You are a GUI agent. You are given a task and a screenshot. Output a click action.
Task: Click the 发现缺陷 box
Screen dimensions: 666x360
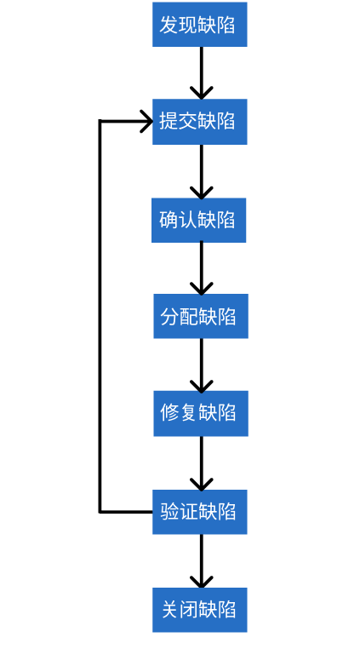point(199,25)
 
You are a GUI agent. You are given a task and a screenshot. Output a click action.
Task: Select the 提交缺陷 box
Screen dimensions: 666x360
point(199,122)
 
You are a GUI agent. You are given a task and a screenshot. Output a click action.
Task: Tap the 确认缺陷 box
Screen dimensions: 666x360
point(199,220)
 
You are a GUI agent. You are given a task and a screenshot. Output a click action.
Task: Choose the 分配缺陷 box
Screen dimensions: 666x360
point(200,317)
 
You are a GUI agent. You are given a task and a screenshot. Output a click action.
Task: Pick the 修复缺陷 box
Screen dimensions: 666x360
point(200,413)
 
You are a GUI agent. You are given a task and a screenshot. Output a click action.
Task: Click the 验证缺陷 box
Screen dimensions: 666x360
point(199,512)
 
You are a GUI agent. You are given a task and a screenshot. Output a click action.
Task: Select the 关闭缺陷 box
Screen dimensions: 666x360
point(199,609)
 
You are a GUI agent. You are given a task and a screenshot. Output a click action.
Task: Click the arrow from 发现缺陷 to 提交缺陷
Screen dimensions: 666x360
point(202,72)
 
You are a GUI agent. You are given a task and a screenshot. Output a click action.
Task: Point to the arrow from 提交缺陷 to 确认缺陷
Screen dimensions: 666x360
point(202,170)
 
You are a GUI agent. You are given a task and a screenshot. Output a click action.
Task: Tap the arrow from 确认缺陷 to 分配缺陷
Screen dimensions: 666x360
point(202,268)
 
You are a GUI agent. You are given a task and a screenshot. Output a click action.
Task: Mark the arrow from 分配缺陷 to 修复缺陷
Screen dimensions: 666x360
point(202,365)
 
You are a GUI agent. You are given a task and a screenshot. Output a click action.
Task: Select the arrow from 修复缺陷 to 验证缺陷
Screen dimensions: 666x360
point(202,462)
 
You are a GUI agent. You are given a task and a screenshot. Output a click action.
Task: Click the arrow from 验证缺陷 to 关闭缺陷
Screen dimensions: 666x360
point(202,560)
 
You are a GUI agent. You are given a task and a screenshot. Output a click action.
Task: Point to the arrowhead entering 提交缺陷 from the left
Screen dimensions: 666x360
point(146,122)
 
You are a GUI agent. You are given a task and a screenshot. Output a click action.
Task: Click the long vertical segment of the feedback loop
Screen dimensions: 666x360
point(100,315)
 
